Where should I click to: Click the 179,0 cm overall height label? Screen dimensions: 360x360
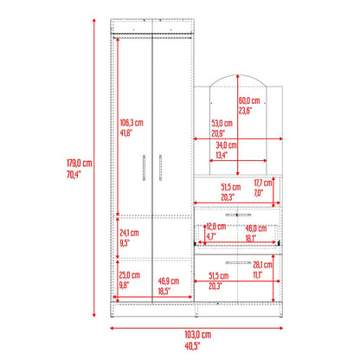[80, 164]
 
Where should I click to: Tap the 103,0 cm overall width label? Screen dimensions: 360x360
[198, 335]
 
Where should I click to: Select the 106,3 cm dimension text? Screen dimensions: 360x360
[132, 123]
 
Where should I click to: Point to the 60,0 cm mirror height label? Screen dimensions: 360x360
[249, 100]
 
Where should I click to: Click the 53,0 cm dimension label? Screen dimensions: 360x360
[222, 124]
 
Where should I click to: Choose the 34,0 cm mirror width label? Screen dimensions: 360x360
[226, 145]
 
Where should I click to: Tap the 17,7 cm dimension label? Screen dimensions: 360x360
[263, 183]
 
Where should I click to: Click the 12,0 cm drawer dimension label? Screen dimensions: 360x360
[215, 227]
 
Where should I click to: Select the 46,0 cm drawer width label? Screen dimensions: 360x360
[256, 228]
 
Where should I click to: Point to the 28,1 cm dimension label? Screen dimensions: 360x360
[262, 265]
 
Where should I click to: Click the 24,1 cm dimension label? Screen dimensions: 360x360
[129, 233]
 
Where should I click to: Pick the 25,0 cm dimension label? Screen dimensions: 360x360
[130, 275]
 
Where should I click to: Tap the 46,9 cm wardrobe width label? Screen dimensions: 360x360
[169, 281]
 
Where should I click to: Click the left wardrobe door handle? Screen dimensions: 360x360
[145, 168]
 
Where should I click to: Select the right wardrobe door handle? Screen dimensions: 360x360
[160, 168]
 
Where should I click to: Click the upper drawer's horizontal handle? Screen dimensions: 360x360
[238, 215]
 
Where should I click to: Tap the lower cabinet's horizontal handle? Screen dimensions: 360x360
[238, 263]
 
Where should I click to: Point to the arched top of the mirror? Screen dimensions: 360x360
[238, 75]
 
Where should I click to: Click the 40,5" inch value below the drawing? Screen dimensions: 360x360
[192, 345]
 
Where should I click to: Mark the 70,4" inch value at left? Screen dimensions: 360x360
[74, 175]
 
